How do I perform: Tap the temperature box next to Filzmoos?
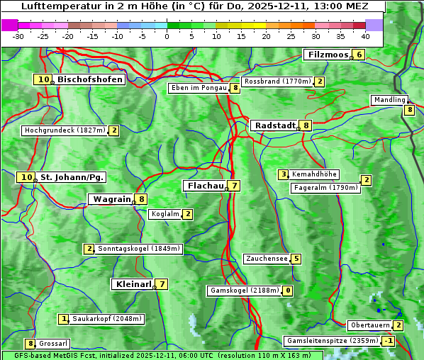[x=359, y=55]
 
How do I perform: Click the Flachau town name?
[x=204, y=186]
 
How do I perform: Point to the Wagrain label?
[x=112, y=200]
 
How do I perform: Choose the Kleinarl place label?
[x=133, y=284]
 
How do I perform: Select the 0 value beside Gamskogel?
[x=288, y=291]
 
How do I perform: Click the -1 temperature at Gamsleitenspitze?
[x=388, y=341]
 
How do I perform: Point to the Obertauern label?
[x=370, y=326]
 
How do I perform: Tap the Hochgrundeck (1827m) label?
[x=65, y=130]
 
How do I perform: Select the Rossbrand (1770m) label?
[x=277, y=81]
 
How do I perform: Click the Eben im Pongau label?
[x=198, y=88]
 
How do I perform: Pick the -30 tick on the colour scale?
[x=18, y=36]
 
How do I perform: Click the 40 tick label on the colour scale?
[x=365, y=36]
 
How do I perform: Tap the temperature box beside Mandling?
[x=409, y=110]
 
